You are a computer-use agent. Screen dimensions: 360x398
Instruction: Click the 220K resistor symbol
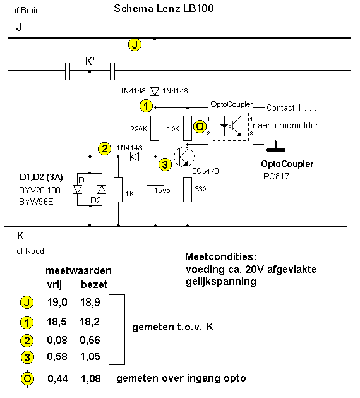coord(155,128)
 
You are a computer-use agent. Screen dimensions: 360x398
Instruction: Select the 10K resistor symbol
coord(188,128)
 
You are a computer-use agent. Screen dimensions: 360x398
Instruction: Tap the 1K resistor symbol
coord(118,190)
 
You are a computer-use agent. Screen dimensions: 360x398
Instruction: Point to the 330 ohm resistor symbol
coord(188,190)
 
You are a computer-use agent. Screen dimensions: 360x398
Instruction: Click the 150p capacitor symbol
coord(155,183)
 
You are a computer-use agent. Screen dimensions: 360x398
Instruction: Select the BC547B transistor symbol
coord(184,157)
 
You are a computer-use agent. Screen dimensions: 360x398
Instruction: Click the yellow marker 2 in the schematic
coord(104,148)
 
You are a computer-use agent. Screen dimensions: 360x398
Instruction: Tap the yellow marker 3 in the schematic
coord(165,164)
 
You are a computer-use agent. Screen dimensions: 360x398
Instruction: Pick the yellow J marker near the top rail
coord(135,45)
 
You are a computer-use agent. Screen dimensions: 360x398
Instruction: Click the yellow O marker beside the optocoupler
coord(200,126)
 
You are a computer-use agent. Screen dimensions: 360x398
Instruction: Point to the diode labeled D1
coord(78,189)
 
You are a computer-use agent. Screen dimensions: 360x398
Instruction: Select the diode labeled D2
coord(102,190)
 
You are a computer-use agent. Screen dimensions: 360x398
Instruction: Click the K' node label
coord(90,61)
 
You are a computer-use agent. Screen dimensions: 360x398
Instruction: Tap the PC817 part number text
coord(276,176)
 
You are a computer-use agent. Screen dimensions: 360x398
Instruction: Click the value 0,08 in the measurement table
coord(57,340)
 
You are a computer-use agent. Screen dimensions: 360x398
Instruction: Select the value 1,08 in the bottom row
coord(91,378)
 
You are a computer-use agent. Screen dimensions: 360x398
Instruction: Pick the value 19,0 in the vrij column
coord(57,302)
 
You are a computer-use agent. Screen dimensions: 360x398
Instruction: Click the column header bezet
coord(94,284)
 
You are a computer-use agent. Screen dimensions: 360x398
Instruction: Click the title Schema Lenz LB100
coord(164,8)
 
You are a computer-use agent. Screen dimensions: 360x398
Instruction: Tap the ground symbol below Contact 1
coord(276,147)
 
